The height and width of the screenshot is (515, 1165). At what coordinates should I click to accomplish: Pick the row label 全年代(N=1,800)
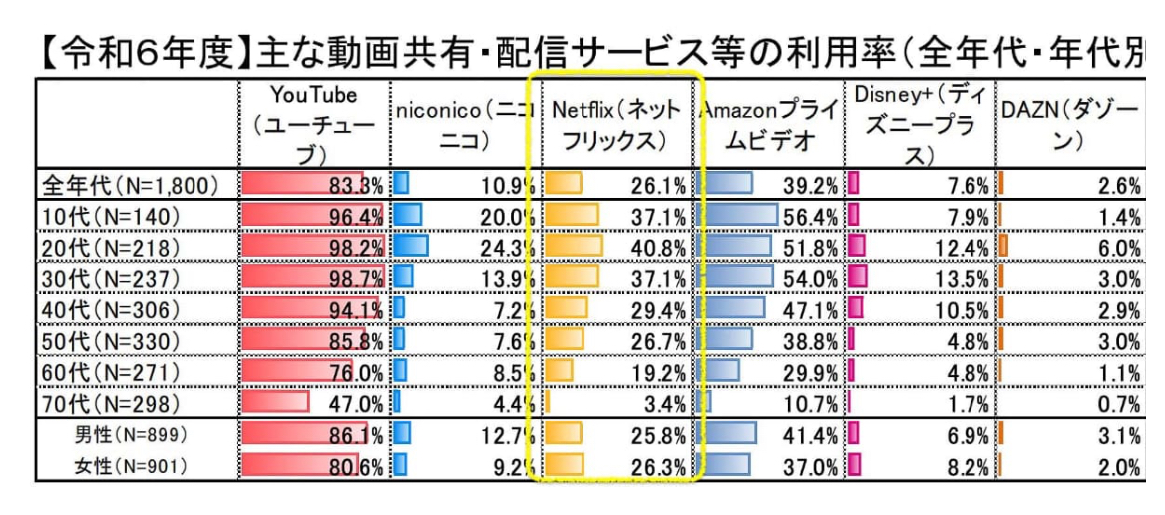pos(130,186)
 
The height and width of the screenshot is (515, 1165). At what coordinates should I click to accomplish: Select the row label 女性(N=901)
pos(131,466)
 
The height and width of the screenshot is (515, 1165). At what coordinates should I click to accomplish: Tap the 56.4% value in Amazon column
pos(808,217)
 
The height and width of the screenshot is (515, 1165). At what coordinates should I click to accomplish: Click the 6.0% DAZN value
pos(1121,248)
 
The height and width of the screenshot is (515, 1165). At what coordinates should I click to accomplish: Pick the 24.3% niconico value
pos(509,248)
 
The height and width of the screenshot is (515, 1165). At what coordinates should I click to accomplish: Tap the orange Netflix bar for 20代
pos(574,248)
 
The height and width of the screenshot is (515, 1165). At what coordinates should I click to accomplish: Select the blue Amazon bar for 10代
pos(739,217)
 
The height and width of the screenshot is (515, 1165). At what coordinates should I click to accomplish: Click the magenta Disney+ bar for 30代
pos(857,278)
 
